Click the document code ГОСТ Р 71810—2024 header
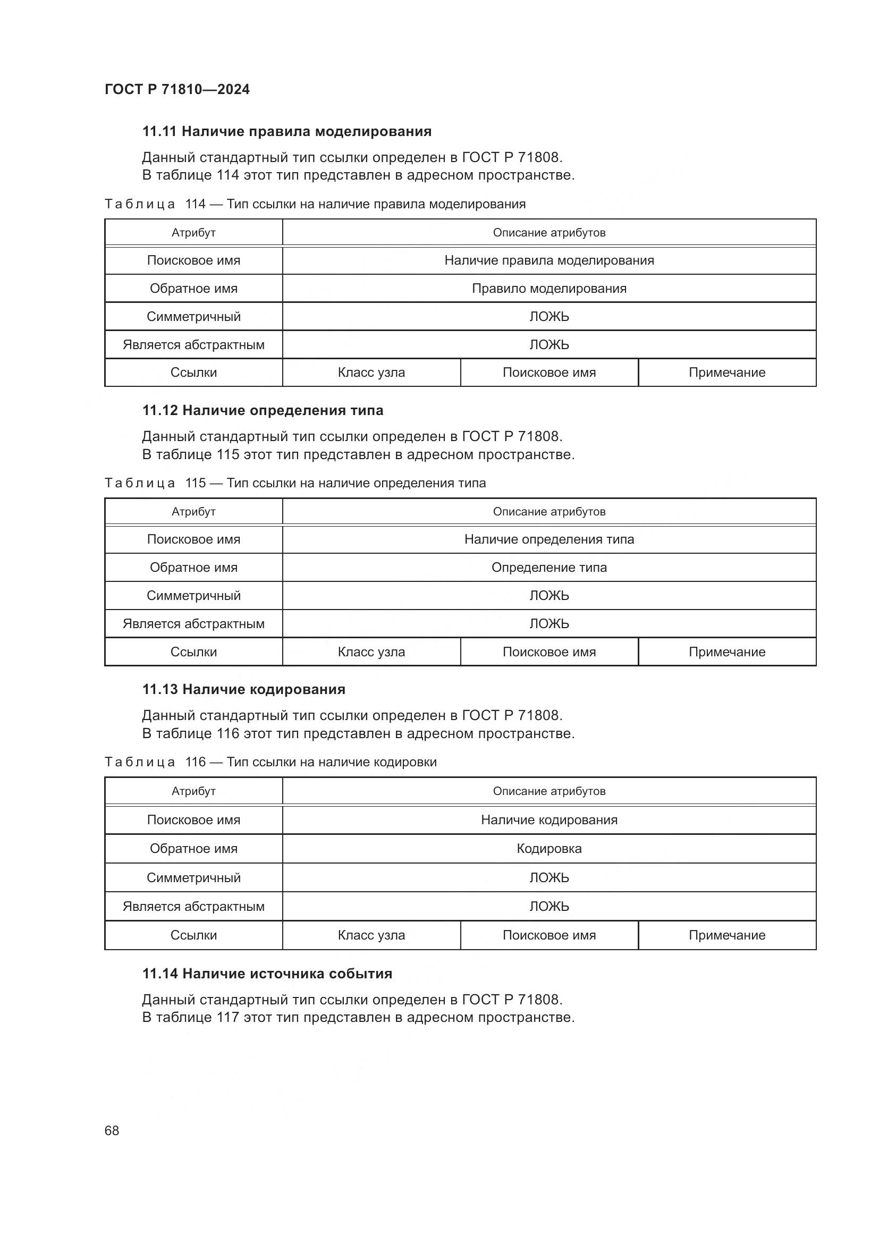177,89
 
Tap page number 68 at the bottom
112,1130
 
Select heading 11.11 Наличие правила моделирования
286,132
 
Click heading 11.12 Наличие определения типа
263,410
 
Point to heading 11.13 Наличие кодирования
243,689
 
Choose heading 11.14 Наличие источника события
267,974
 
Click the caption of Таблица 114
315,204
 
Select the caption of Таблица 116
270,762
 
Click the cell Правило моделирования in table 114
549,289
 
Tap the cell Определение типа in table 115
549,568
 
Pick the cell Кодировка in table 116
549,848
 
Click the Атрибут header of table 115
193,512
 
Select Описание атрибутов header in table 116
549,791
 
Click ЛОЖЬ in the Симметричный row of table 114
549,317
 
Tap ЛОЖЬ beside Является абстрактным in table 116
549,906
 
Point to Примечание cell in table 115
726,652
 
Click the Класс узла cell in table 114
371,373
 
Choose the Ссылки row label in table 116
193,935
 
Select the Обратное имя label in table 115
193,568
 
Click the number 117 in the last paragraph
228,1017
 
